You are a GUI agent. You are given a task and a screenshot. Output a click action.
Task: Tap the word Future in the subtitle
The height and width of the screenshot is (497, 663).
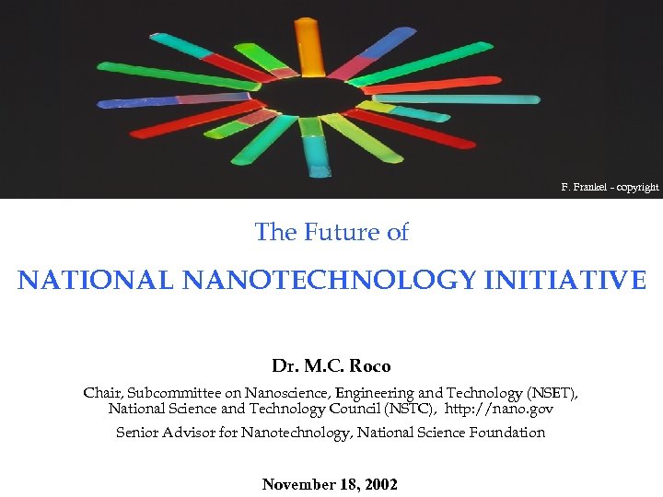pyautogui.click(x=335, y=233)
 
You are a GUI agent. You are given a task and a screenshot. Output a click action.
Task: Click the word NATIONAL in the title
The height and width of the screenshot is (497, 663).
pyautogui.click(x=95, y=280)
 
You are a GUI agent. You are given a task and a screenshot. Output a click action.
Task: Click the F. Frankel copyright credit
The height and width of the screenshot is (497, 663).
pyautogui.click(x=610, y=188)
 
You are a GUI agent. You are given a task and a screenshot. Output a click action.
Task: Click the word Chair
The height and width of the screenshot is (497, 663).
pyautogui.click(x=102, y=393)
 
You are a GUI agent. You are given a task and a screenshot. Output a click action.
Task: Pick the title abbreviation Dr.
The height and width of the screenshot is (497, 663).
pyautogui.click(x=283, y=366)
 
